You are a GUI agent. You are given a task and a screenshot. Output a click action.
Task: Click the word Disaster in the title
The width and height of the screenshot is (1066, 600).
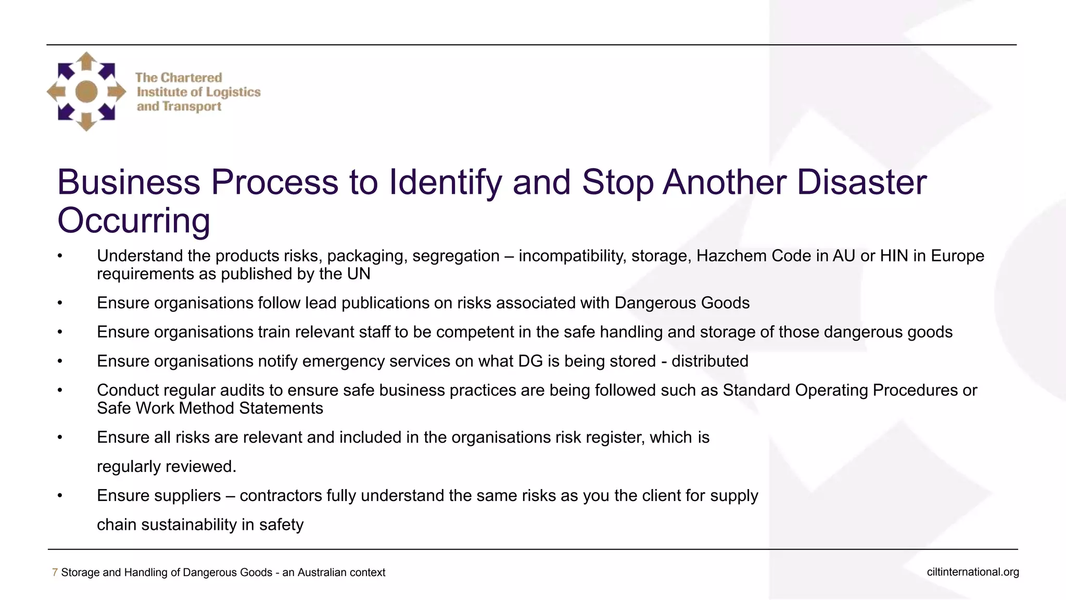pyautogui.click(x=861, y=182)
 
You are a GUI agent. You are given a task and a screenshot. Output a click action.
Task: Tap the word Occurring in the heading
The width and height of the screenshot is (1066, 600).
pyautogui.click(x=134, y=221)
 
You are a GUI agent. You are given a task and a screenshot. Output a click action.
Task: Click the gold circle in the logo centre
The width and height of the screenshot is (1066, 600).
pyautogui.click(x=86, y=92)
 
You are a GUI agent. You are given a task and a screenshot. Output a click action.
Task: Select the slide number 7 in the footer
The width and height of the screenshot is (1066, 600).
pyautogui.click(x=55, y=572)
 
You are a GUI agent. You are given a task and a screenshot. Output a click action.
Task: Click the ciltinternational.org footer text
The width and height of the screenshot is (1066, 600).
pyautogui.click(x=972, y=572)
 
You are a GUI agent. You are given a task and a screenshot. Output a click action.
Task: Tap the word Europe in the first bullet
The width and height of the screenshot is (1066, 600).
pyautogui.click(x=957, y=256)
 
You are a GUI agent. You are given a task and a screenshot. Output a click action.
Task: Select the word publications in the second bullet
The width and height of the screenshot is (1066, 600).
pyautogui.click(x=387, y=303)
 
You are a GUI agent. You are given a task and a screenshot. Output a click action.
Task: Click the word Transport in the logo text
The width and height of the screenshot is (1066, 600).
pyautogui.click(x=192, y=107)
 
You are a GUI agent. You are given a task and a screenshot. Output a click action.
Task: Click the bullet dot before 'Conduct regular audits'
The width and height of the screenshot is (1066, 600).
pyautogui.click(x=60, y=390)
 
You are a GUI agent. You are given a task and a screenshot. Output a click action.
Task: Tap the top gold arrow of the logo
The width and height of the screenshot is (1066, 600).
pyautogui.click(x=86, y=61)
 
